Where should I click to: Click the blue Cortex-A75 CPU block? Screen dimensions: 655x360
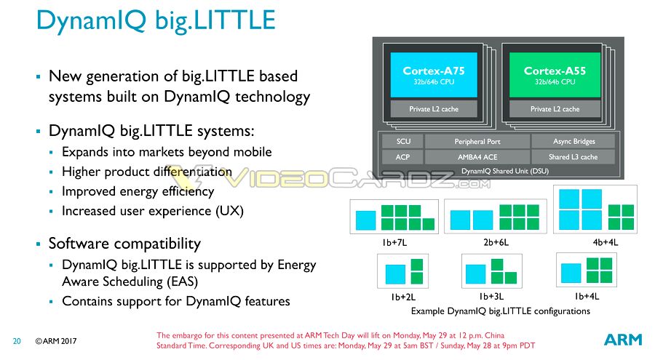click(x=434, y=75)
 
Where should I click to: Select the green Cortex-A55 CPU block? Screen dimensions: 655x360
click(x=555, y=75)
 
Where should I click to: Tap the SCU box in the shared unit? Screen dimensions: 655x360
click(x=403, y=141)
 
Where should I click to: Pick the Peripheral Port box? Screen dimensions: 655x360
click(x=477, y=141)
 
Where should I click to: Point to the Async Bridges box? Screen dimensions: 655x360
click(x=573, y=141)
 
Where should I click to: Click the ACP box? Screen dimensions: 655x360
click(x=402, y=157)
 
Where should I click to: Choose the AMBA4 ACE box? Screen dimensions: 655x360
click(x=477, y=157)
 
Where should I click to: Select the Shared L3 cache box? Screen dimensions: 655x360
click(x=573, y=157)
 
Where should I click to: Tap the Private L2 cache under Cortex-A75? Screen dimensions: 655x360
click(x=434, y=108)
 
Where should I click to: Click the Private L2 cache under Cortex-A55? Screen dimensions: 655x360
click(x=555, y=108)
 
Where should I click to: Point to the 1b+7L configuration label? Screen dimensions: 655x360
click(x=394, y=242)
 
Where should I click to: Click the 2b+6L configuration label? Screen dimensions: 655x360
click(x=496, y=242)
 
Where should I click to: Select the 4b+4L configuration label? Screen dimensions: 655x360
click(x=606, y=242)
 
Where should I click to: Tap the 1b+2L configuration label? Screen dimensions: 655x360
click(x=403, y=297)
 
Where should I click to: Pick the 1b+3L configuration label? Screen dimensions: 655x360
click(x=491, y=297)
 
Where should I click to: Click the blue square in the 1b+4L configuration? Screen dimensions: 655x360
click(x=571, y=273)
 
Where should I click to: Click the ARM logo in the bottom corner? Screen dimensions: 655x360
click(x=623, y=340)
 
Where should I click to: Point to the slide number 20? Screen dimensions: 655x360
click(x=17, y=341)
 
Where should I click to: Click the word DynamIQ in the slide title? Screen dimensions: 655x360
click(x=91, y=20)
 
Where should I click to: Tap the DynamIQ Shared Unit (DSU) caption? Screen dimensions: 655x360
click(x=504, y=171)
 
